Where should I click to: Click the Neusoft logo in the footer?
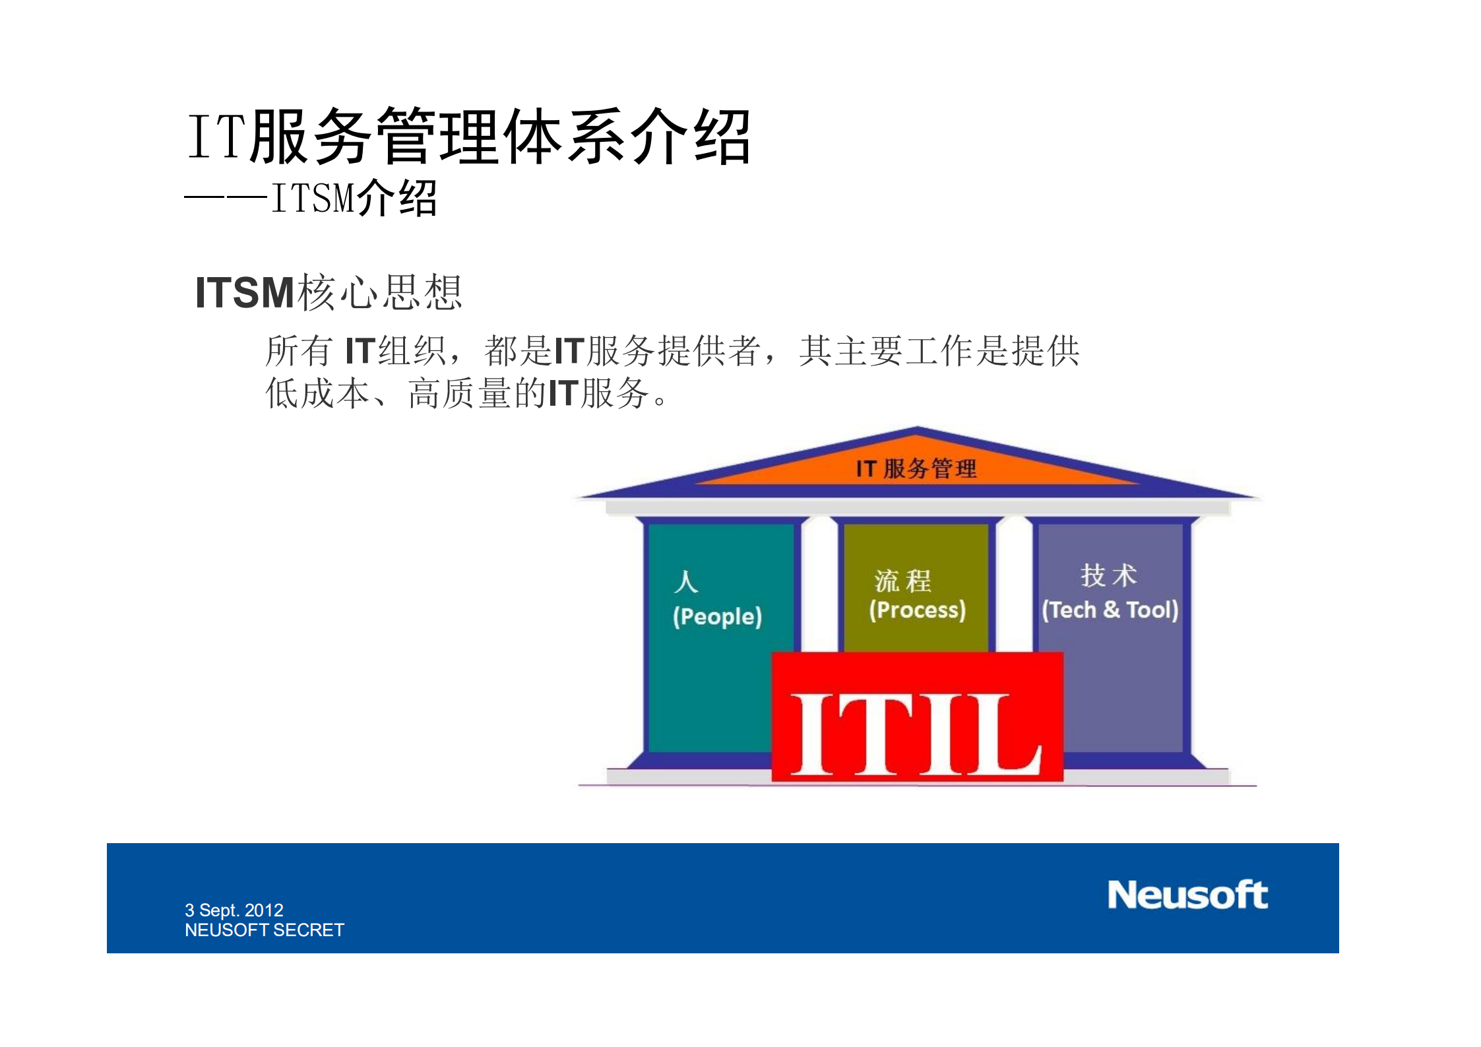click(x=1187, y=895)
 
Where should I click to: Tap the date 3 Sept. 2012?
click(x=234, y=910)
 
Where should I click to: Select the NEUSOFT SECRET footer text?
click(x=264, y=930)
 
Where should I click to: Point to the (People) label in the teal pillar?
click(x=717, y=617)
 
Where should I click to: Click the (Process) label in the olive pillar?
click(x=917, y=610)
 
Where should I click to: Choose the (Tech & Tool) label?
click(x=1110, y=610)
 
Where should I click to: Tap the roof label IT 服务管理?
click(x=916, y=469)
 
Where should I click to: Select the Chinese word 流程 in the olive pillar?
click(x=902, y=581)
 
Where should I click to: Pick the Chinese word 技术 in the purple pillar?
click(x=1108, y=575)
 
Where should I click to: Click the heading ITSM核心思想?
click(x=329, y=292)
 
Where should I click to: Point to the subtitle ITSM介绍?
click(x=354, y=198)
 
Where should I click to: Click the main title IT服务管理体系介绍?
click(x=468, y=137)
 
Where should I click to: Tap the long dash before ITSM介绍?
click(x=226, y=197)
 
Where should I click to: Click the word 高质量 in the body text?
click(x=459, y=394)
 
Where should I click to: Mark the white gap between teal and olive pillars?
click(x=819, y=584)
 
